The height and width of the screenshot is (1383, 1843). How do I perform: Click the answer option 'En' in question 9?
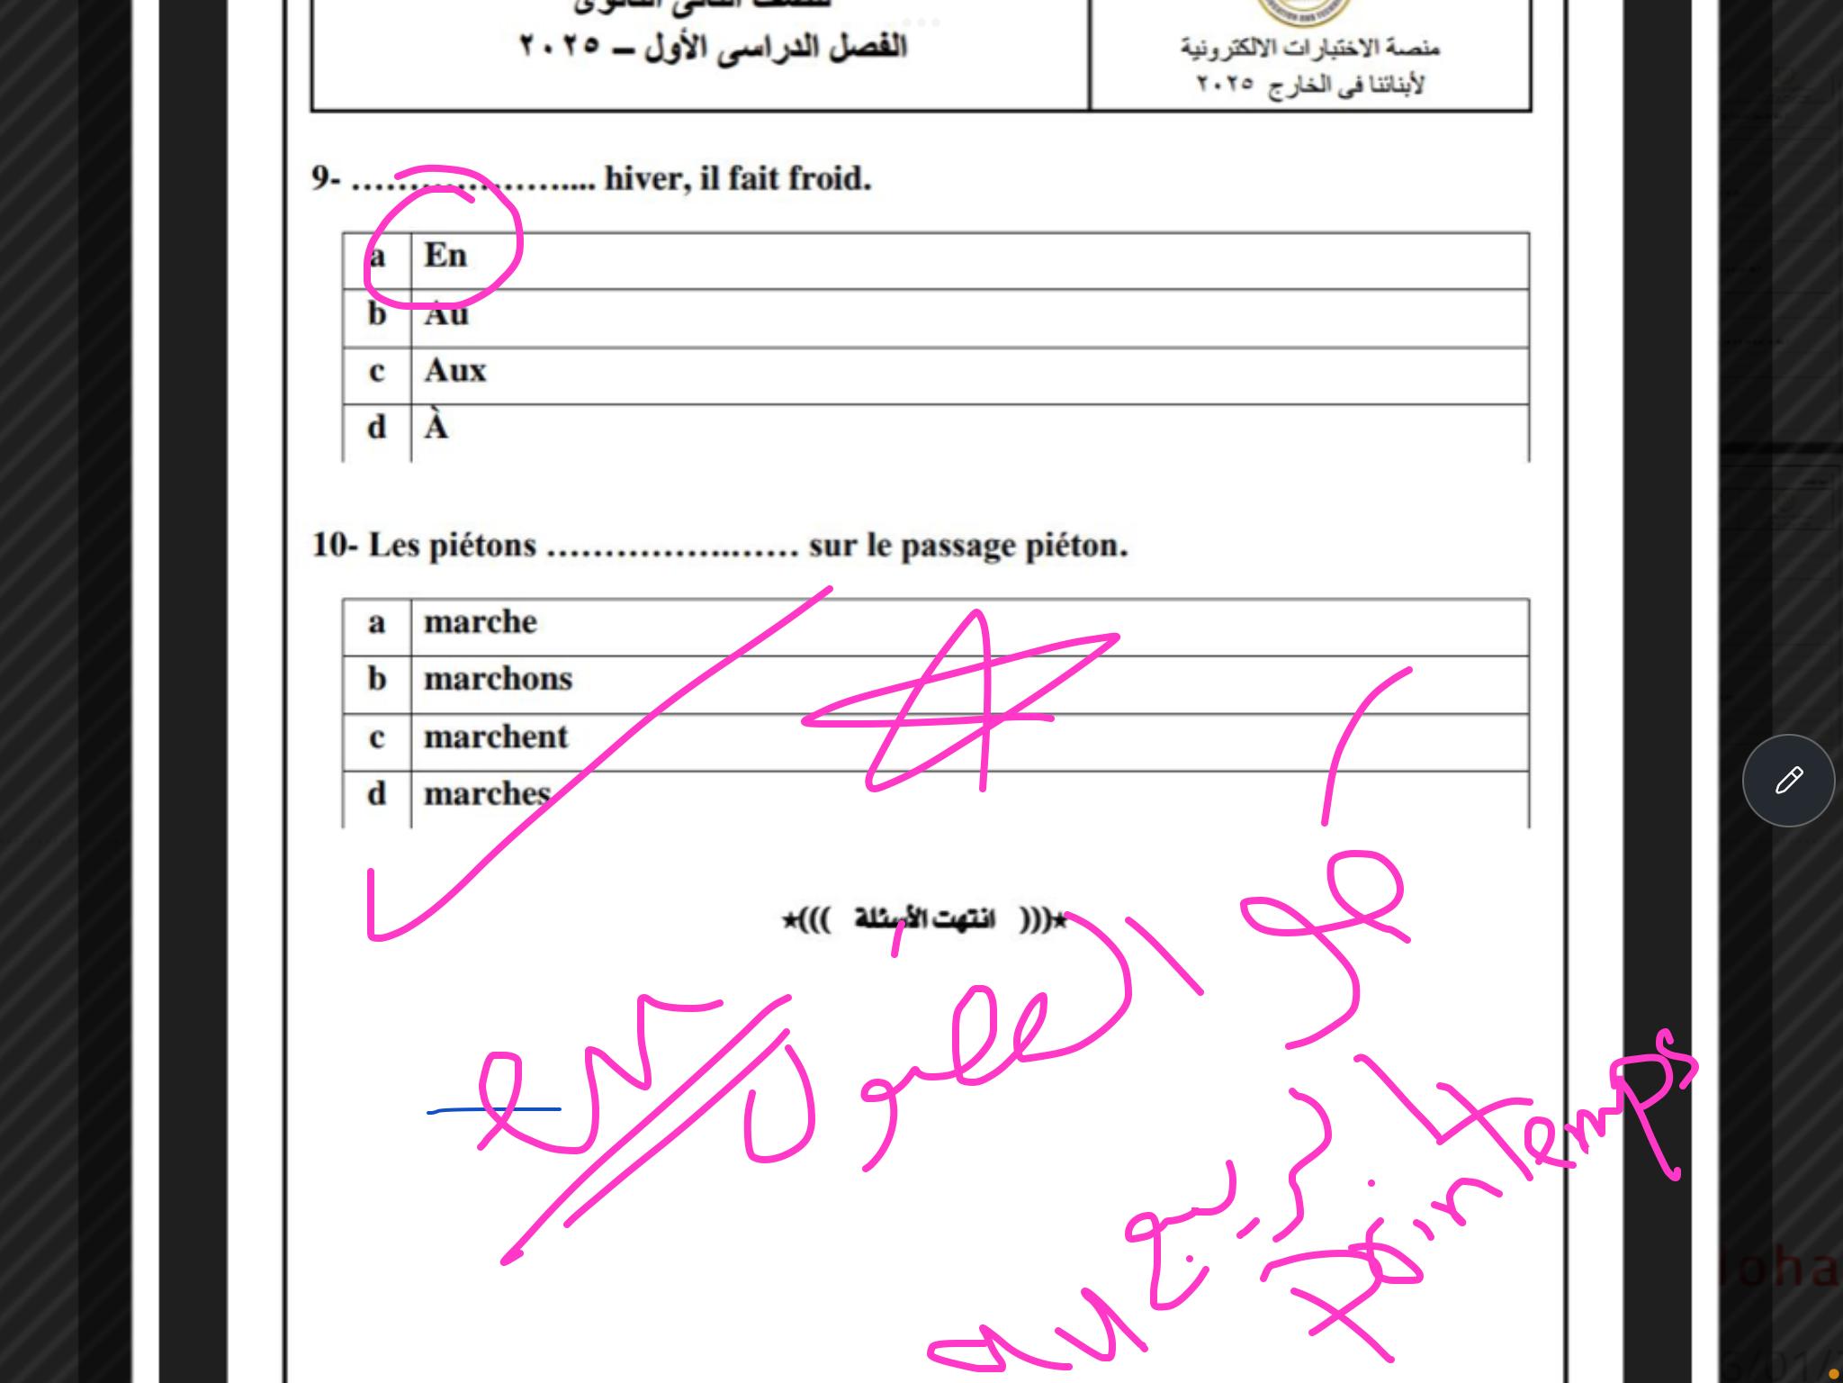tap(445, 256)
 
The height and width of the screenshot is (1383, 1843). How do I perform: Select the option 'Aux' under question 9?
tap(455, 371)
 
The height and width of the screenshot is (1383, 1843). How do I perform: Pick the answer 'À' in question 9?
tap(436, 428)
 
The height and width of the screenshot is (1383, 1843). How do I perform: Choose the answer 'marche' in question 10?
tap(481, 622)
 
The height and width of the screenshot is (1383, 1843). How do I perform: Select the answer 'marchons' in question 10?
tap(498, 679)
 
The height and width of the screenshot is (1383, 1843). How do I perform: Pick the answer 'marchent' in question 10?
tap(496, 737)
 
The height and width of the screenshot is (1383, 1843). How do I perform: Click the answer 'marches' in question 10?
tap(487, 794)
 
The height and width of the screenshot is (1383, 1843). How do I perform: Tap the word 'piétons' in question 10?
tap(481, 546)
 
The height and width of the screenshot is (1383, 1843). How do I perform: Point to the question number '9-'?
tap(326, 179)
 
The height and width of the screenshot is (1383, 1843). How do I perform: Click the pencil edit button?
tap(1788, 780)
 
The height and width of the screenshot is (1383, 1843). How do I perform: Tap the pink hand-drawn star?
tap(958, 711)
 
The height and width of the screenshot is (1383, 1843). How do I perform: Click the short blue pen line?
tap(493, 1110)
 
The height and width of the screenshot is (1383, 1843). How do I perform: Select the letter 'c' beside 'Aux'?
tap(377, 371)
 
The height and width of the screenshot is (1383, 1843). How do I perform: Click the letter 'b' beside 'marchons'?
tap(377, 679)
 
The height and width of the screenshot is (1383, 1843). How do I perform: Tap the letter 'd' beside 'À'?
tap(377, 428)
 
